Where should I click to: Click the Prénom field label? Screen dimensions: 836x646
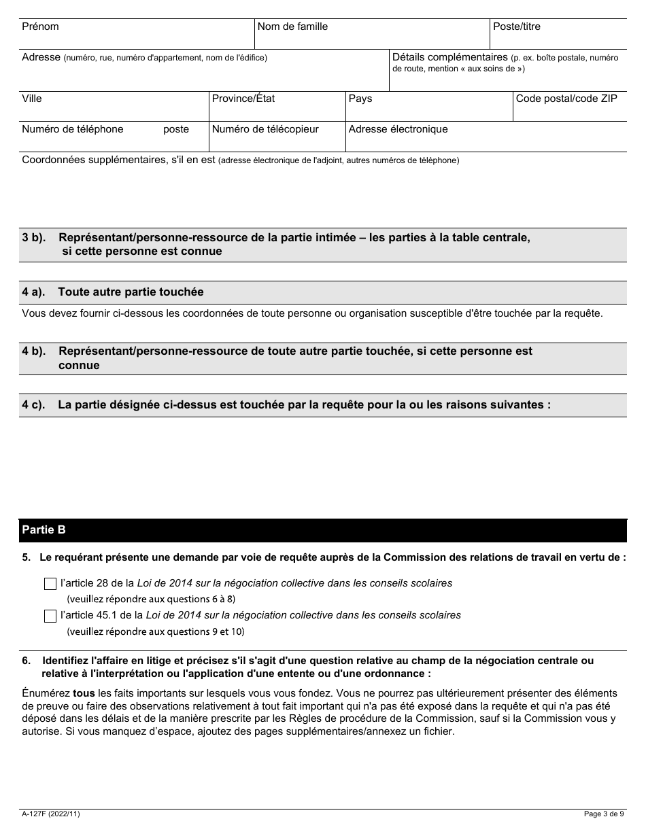[x=40, y=27]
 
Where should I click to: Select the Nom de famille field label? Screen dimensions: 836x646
[x=292, y=27]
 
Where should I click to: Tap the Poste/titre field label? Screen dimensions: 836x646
[x=517, y=27]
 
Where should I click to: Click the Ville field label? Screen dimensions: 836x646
[x=32, y=99]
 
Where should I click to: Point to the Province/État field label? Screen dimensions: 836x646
[x=243, y=99]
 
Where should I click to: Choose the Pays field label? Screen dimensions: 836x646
[x=360, y=99]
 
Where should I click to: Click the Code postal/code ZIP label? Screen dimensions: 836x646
[x=566, y=99]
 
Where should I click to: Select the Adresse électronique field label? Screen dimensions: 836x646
[x=398, y=129]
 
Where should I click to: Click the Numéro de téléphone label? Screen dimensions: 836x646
[x=73, y=129]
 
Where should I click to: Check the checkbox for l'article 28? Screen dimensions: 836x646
[x=50, y=584]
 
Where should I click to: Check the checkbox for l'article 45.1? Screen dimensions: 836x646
[x=50, y=616]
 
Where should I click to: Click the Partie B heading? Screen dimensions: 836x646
[x=44, y=529]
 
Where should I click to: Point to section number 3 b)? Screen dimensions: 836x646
[x=33, y=238]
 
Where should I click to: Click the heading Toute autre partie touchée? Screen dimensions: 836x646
[x=131, y=292]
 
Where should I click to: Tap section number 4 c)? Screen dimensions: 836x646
[x=33, y=404]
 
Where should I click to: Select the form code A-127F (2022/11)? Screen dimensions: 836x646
[x=51, y=814]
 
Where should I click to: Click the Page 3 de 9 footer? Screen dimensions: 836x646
[x=603, y=814]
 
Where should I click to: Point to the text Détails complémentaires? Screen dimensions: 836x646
[x=450, y=58]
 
